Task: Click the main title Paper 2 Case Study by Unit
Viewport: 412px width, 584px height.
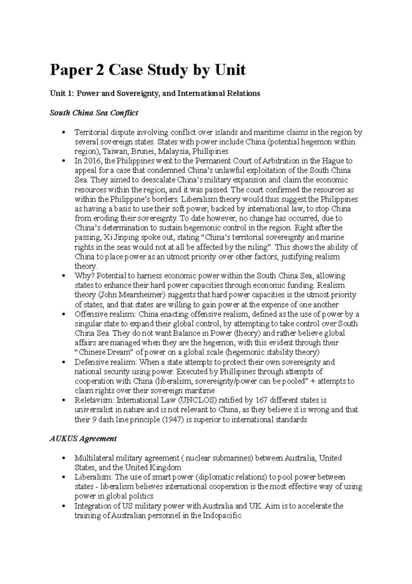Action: click(148, 70)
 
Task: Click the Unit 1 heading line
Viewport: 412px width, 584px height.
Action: click(155, 93)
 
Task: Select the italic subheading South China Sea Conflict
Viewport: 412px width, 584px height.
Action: click(94, 113)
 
